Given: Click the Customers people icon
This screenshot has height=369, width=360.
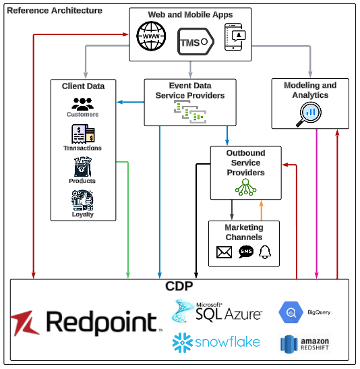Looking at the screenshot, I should click(82, 104).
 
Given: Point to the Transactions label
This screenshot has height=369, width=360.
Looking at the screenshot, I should click(82, 148).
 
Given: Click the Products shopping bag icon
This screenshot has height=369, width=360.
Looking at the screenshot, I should click(82, 167).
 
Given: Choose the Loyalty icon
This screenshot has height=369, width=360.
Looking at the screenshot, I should click(82, 200).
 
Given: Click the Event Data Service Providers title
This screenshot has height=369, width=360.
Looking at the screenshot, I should click(190, 90).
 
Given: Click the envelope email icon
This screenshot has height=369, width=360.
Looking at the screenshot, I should click(224, 252).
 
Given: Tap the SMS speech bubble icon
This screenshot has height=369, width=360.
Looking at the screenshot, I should click(246, 252).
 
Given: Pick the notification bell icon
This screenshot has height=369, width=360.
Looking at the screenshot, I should click(265, 252).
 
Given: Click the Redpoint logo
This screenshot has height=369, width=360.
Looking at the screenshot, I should click(86, 322).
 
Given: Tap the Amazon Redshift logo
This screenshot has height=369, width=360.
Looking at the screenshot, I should click(305, 343).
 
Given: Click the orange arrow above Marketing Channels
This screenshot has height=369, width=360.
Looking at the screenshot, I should click(260, 210).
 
